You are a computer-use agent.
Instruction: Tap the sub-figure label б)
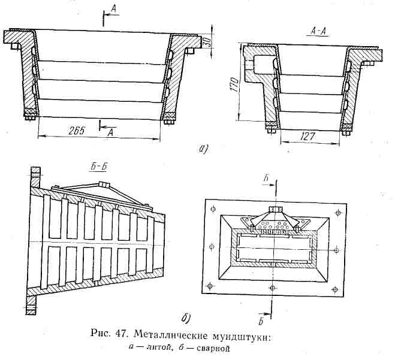click(185, 317)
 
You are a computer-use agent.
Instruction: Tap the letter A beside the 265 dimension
click(110, 134)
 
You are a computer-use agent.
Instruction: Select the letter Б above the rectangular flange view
click(275, 178)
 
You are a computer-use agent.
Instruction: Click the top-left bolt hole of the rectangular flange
click(213, 209)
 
